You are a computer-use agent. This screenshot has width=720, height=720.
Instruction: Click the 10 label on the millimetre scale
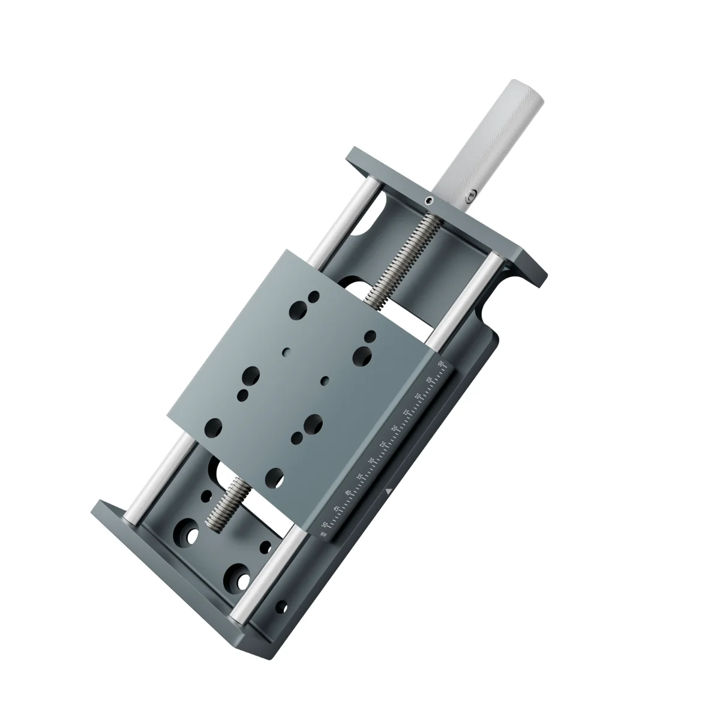pos(418,396)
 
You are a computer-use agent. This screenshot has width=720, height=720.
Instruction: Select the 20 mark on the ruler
pos(395,428)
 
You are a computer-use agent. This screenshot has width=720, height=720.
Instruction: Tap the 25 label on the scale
pos(383,445)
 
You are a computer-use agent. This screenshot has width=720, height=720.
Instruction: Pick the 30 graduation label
pos(371,461)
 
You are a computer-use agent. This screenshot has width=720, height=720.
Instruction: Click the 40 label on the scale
pos(348,493)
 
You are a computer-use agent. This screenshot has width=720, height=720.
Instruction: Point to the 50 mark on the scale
pos(325,525)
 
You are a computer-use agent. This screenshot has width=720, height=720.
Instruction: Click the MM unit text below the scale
pos(323,533)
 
